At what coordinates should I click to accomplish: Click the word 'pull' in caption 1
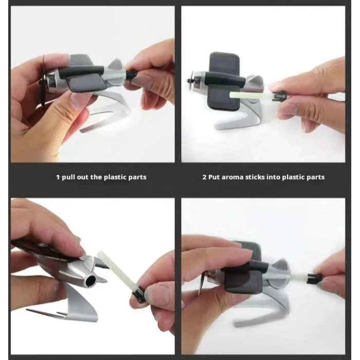coord(68,177)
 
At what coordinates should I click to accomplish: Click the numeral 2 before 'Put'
coord(204,177)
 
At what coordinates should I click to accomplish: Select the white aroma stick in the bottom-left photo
coord(115,270)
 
